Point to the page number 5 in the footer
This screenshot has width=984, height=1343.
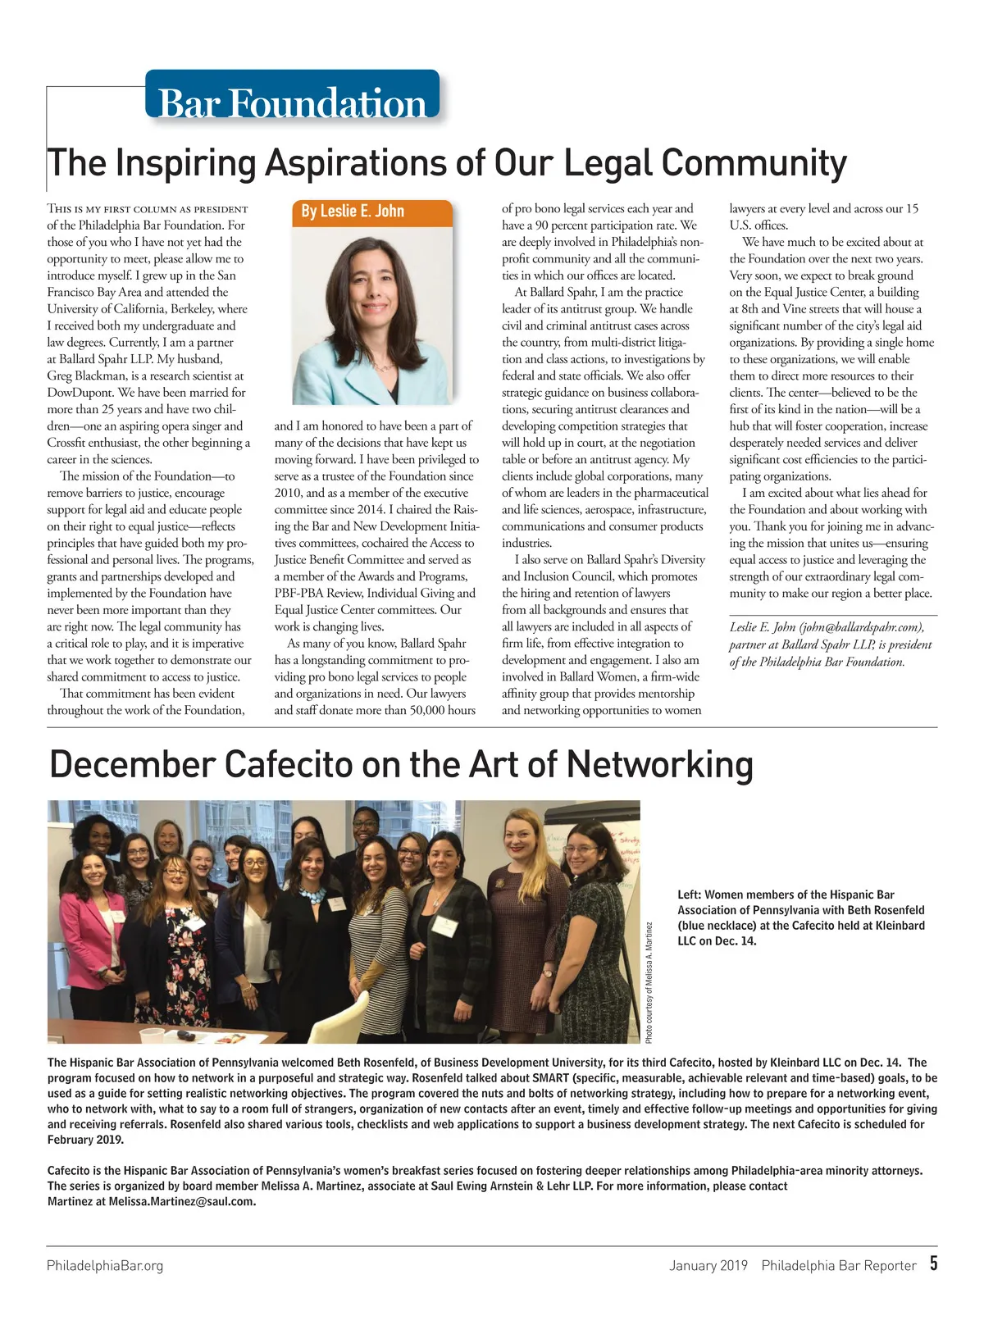click(933, 1263)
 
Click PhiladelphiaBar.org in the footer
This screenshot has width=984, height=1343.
click(105, 1265)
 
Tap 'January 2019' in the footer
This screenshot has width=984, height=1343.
click(708, 1265)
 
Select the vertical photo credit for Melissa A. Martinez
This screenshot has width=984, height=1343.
click(649, 983)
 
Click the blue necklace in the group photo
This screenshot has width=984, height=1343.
click(312, 894)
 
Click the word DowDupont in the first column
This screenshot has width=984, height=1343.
click(80, 393)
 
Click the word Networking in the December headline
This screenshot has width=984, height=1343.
click(659, 764)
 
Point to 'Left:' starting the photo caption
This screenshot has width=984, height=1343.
click(689, 895)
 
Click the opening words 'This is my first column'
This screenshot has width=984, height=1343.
click(107, 209)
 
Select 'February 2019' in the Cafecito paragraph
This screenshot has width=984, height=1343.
click(85, 1140)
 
